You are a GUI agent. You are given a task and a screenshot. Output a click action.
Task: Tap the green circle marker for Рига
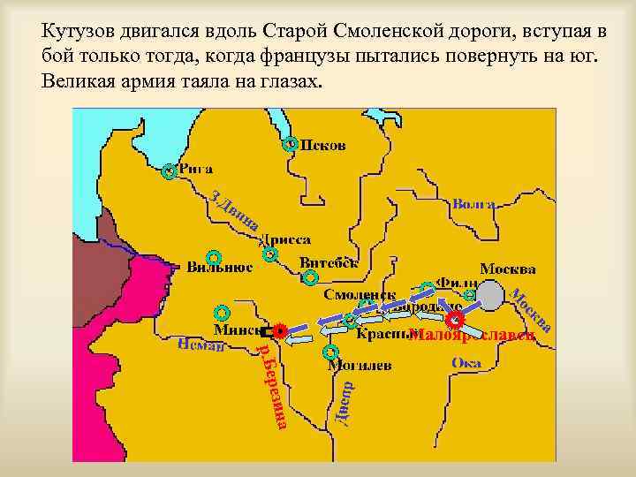pyautogui.click(x=169, y=171)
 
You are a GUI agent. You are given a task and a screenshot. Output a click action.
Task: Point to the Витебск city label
pyautogui.click(x=329, y=262)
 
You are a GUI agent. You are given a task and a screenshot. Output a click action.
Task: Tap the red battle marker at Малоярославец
pyautogui.click(x=456, y=319)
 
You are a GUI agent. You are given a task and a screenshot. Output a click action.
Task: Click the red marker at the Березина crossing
pyautogui.click(x=280, y=331)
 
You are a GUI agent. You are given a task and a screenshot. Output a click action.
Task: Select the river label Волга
pyautogui.click(x=473, y=204)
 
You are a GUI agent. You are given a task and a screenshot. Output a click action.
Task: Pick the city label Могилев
pyautogui.click(x=353, y=364)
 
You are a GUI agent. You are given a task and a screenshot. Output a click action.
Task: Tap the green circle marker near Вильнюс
pyautogui.click(x=210, y=254)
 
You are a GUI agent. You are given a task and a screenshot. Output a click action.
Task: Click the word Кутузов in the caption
pyautogui.click(x=77, y=31)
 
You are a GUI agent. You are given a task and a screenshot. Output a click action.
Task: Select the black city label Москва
pyautogui.click(x=508, y=268)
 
